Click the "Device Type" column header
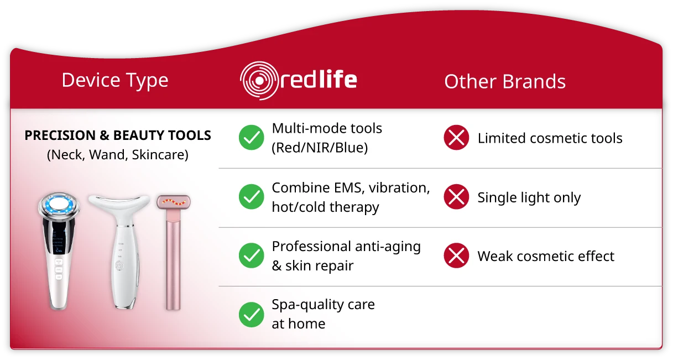tap(115, 81)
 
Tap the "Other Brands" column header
tap(505, 82)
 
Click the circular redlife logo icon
tap(259, 81)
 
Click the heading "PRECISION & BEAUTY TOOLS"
tap(118, 135)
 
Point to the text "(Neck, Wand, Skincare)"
tap(118, 155)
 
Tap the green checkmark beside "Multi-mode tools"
tap(252, 137)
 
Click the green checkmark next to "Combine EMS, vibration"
tap(252, 196)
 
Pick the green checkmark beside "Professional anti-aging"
tap(252, 255)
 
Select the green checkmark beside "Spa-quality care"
tap(252, 315)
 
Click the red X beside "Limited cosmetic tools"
tap(456, 137)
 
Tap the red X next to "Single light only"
tap(456, 196)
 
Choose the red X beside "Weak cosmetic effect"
tap(456, 255)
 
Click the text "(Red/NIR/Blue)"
tap(320, 148)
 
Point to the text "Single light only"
tap(529, 198)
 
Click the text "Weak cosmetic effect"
tap(546, 257)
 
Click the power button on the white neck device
tap(119, 265)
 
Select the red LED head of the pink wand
tap(174, 202)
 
